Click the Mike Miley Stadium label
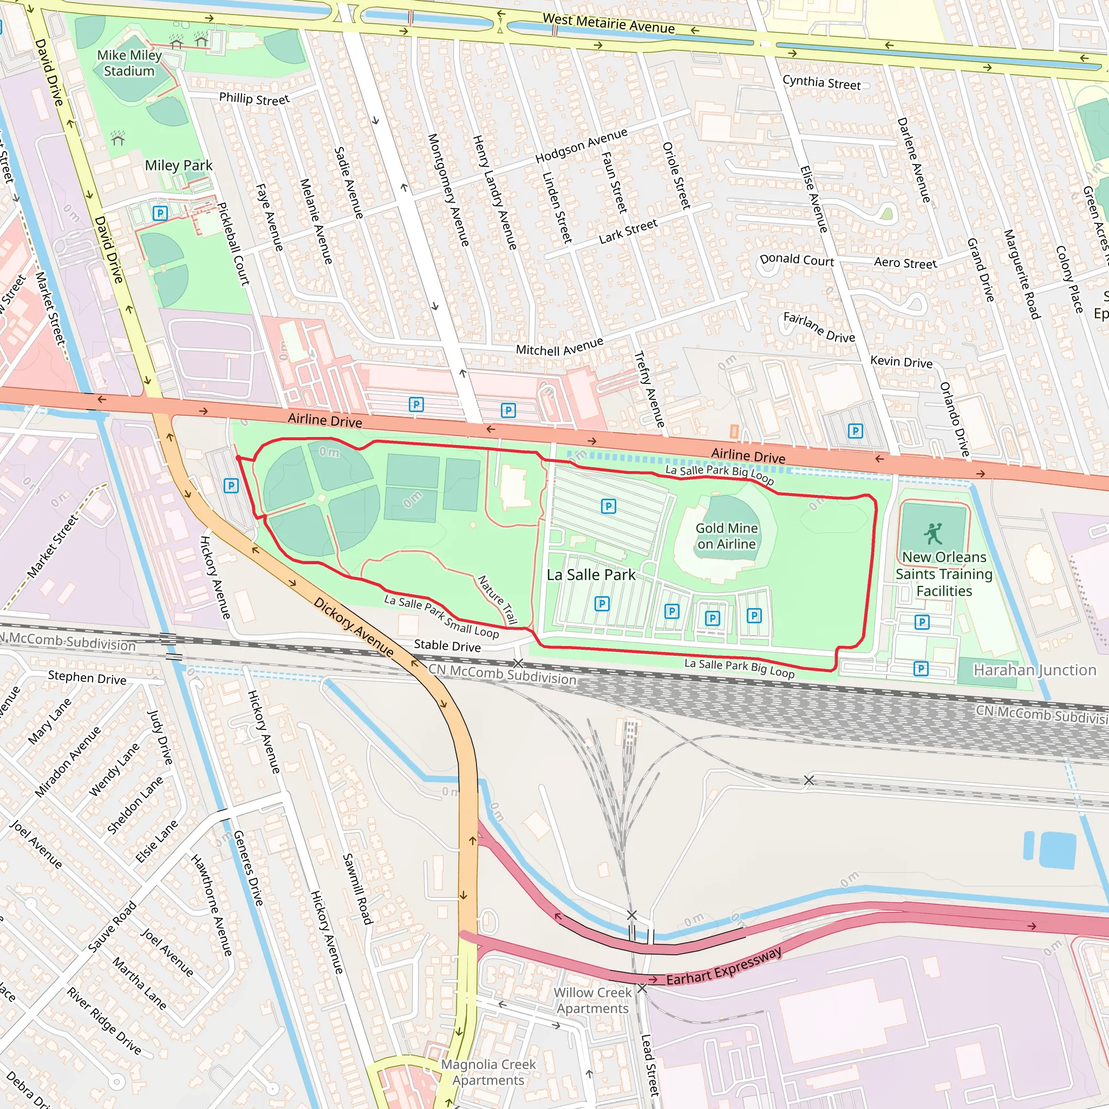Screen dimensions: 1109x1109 pyautogui.click(x=129, y=63)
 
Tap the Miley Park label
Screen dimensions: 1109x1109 pyautogui.click(x=179, y=165)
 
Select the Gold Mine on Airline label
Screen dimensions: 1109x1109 pyautogui.click(x=727, y=536)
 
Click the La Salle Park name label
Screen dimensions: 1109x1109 pyautogui.click(x=591, y=575)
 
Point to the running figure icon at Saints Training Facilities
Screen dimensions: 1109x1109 pyautogui.click(x=933, y=533)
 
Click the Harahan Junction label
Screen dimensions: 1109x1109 pyautogui.click(x=1034, y=670)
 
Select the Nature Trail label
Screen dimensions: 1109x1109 pyautogui.click(x=498, y=599)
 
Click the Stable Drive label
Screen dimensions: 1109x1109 pyautogui.click(x=447, y=646)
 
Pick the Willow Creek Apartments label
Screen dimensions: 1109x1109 pyautogui.click(x=592, y=1000)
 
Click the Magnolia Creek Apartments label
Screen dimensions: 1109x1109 pyautogui.click(x=488, y=1072)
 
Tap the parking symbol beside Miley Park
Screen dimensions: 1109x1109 pyautogui.click(x=160, y=213)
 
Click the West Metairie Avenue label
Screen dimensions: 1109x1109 pyautogui.click(x=609, y=23)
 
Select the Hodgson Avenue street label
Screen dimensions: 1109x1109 pyautogui.click(x=581, y=146)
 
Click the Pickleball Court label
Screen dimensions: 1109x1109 pyautogui.click(x=233, y=243)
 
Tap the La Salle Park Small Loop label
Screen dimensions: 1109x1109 pyautogui.click(x=441, y=616)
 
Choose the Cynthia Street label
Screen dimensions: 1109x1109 pyautogui.click(x=821, y=83)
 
